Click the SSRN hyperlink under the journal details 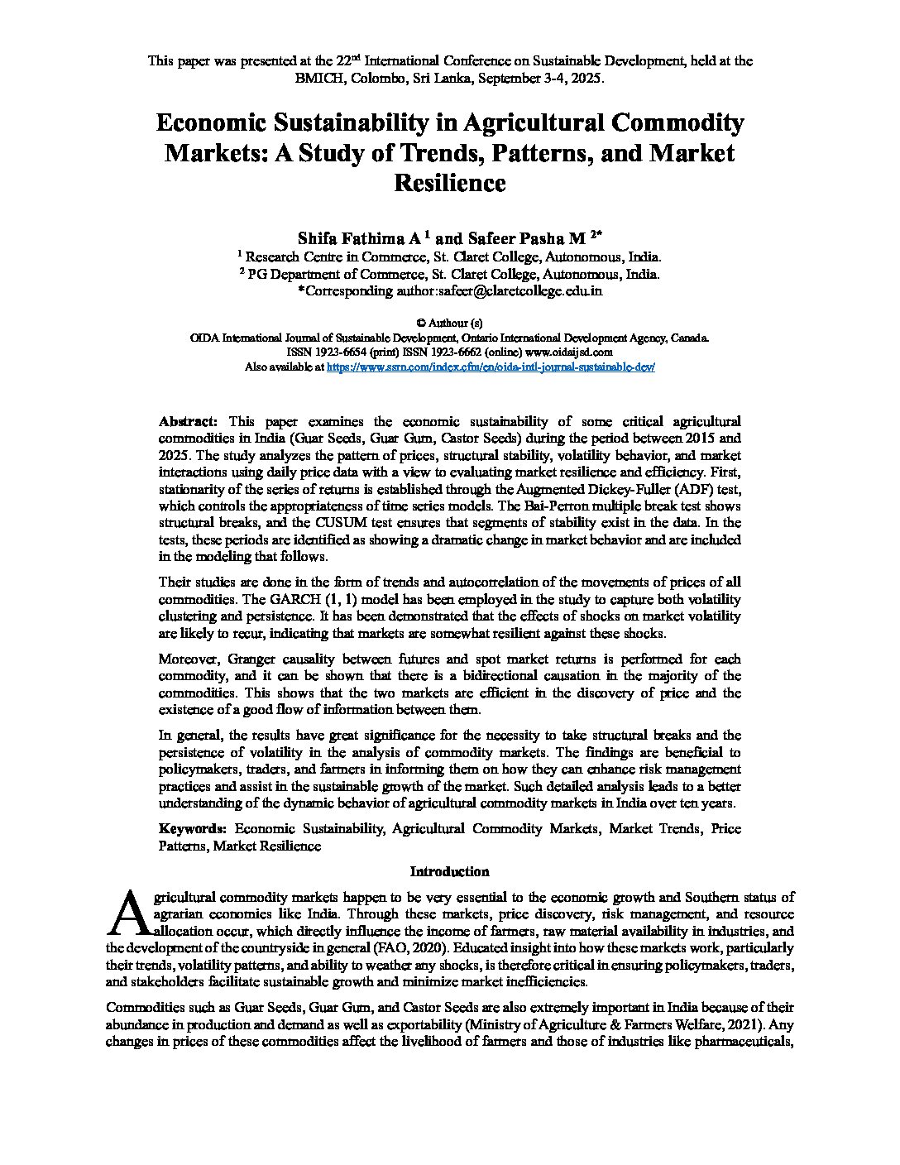(491, 367)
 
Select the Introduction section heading (449, 871)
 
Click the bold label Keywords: (192, 828)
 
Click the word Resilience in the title (449, 182)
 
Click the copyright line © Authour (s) (449, 323)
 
